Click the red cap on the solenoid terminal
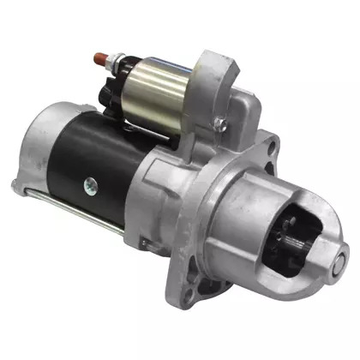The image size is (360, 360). click(101, 59)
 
